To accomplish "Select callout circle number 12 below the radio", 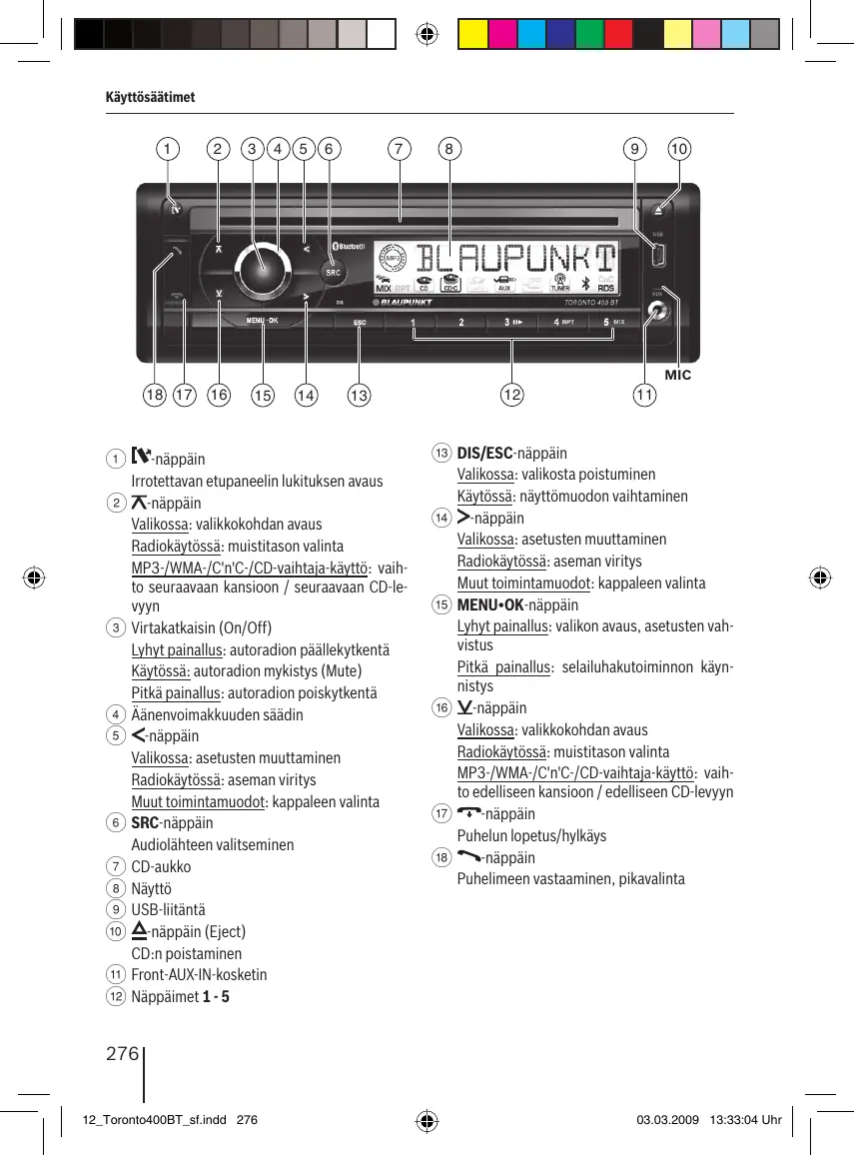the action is point(512,396).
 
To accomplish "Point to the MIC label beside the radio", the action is point(677,376).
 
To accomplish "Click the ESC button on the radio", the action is point(360,323).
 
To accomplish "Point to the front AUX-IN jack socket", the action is point(655,312).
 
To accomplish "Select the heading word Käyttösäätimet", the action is point(151,97).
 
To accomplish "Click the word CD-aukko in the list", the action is point(161,866).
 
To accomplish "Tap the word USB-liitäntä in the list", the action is point(168,910).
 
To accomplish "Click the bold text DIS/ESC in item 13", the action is point(484,453).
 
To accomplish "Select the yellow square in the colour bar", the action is point(471,36).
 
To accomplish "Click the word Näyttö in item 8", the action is point(152,888).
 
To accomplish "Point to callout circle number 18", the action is point(154,396).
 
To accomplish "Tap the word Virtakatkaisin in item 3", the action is point(174,628).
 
